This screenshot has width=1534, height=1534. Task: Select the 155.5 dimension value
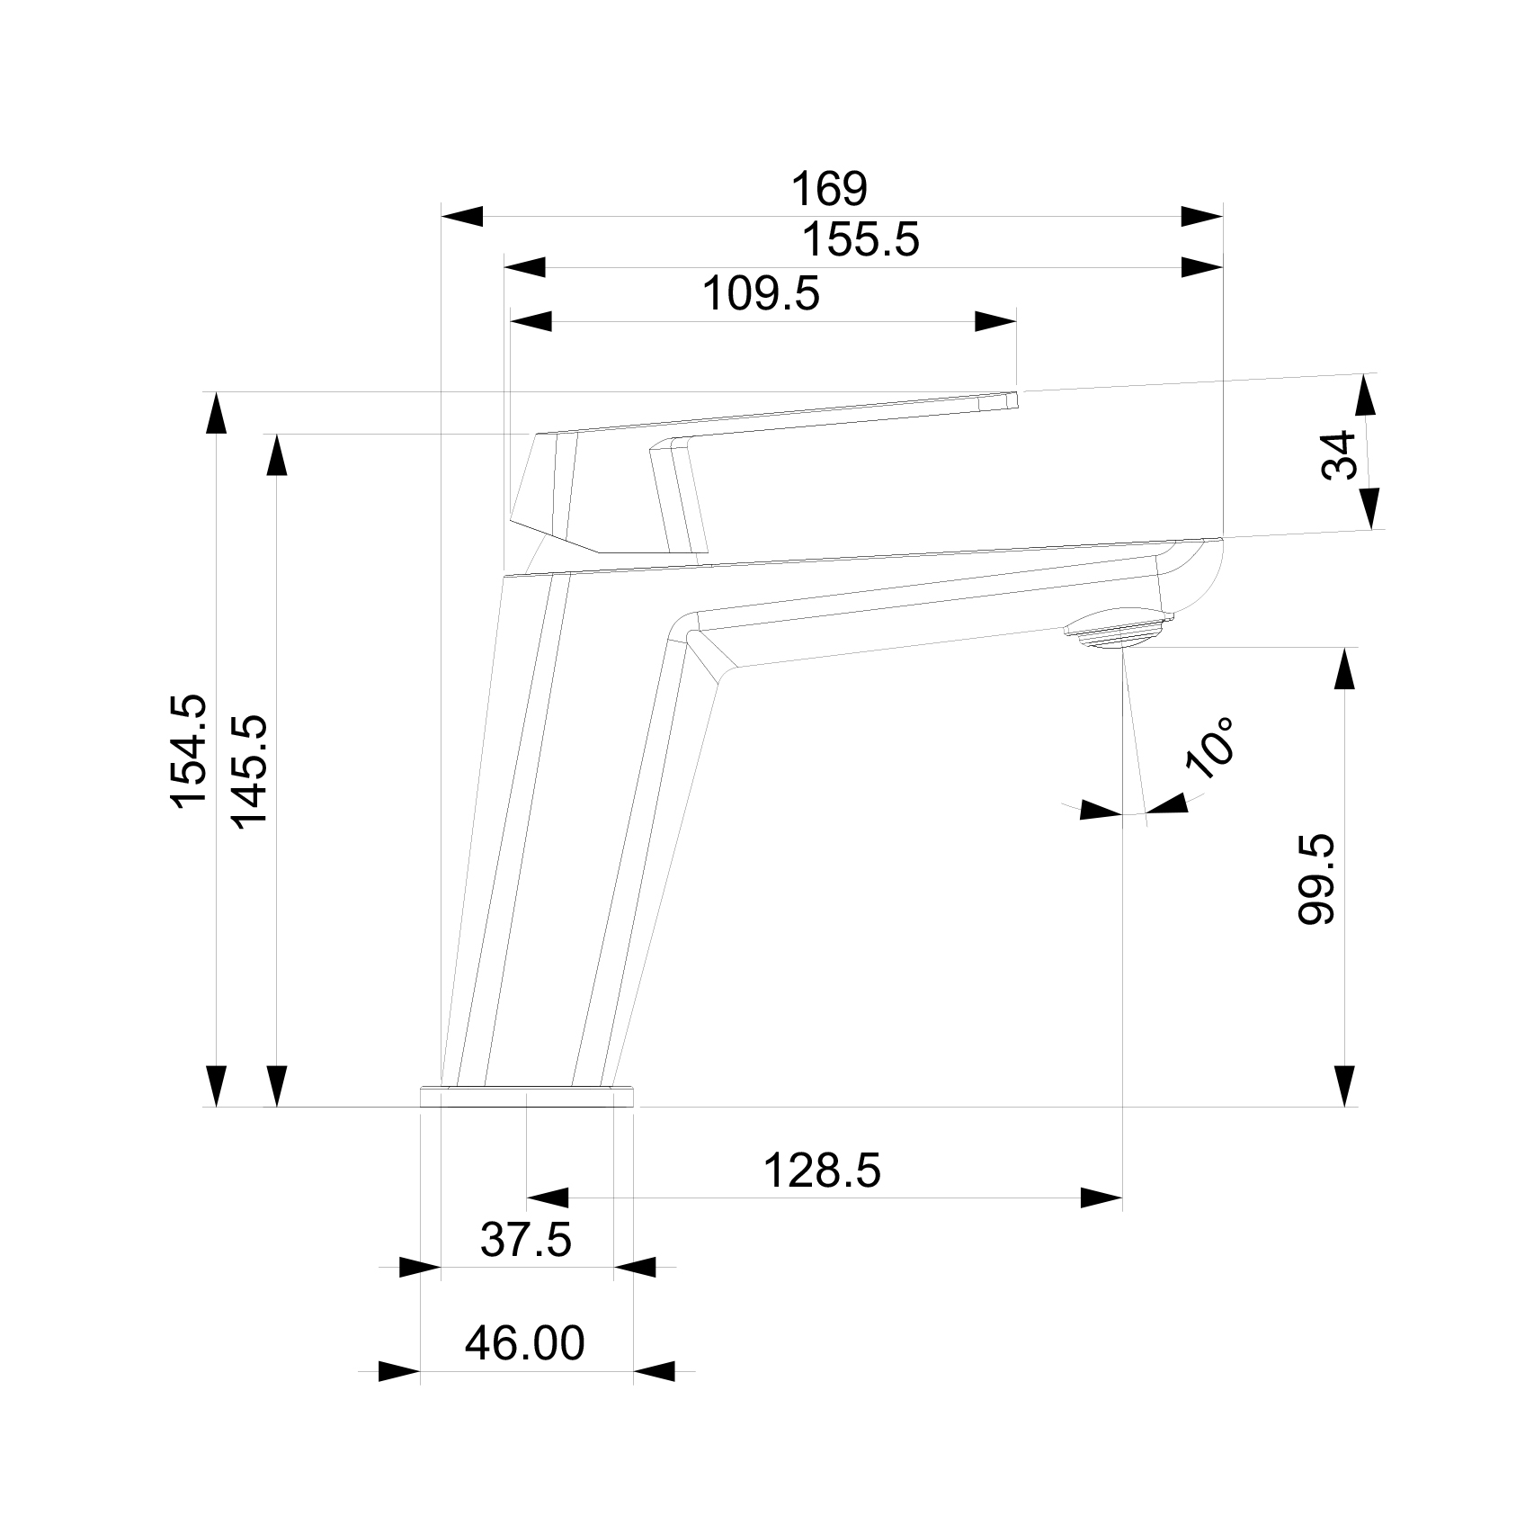pyautogui.click(x=861, y=241)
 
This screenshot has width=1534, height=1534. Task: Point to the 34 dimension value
pyautogui.click(x=1339, y=455)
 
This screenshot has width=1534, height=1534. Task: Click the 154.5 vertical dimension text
pyautogui.click(x=190, y=751)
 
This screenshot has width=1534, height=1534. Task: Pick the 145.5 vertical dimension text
pyautogui.click(x=249, y=772)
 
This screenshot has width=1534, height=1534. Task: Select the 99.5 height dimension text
pyautogui.click(x=1317, y=878)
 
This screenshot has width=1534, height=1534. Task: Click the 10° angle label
pyautogui.click(x=1209, y=747)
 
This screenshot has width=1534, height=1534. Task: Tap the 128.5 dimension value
pyautogui.click(x=822, y=1171)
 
